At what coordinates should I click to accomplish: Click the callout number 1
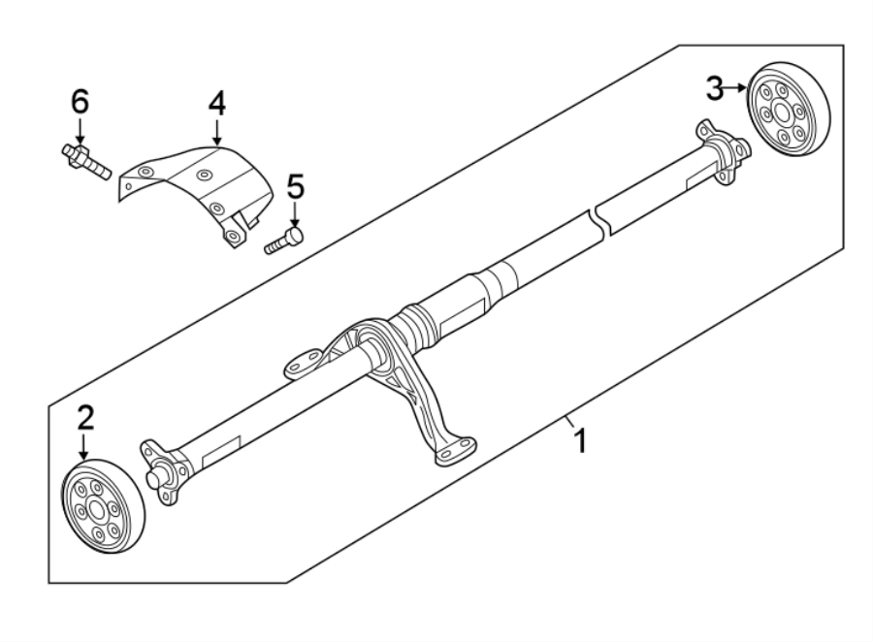coord(580,442)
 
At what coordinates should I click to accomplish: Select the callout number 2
coord(86,418)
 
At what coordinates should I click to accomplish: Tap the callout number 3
coord(715,89)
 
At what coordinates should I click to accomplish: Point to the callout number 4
coord(216,103)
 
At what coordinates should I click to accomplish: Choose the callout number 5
coord(295,185)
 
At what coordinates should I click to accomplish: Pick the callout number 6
coord(80,101)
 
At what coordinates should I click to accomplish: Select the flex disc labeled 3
coord(787,107)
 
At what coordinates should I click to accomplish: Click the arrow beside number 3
coord(737,89)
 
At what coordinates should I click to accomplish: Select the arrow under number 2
coord(85,448)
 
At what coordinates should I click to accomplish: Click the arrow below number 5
coord(295,213)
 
